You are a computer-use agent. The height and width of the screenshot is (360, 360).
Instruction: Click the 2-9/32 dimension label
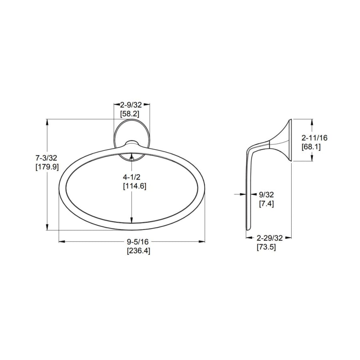(131, 105)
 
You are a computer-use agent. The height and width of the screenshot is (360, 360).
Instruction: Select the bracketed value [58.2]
(130, 114)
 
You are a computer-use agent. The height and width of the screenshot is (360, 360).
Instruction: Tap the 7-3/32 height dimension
(46, 158)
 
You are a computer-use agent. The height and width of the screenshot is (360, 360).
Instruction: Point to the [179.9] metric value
(47, 167)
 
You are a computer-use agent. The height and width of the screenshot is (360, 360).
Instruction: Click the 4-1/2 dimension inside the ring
(132, 177)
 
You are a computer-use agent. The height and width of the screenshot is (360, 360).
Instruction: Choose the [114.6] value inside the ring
(135, 186)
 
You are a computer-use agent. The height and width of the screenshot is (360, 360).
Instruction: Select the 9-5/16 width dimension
(138, 242)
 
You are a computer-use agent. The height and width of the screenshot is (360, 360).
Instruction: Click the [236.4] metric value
(139, 251)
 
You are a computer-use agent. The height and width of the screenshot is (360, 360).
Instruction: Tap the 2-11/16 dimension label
(314, 138)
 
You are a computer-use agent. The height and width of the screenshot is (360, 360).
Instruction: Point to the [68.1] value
(311, 146)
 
